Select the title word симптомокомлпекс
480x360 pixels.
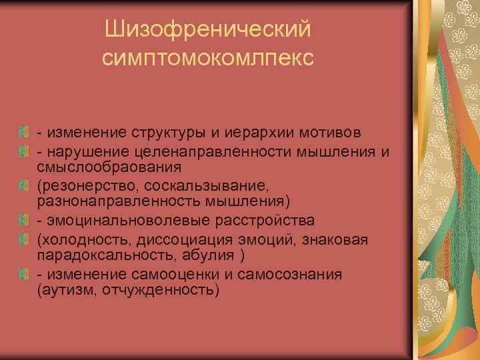click(208, 58)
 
